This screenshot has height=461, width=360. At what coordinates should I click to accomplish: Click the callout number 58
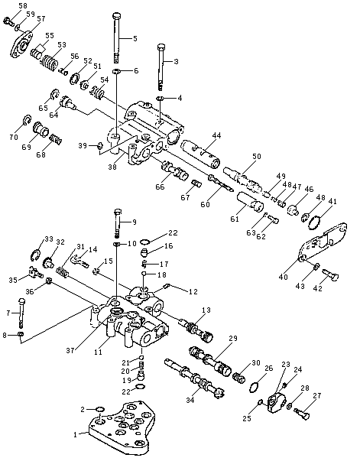click(x=23, y=5)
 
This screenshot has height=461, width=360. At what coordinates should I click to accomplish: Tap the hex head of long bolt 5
click(x=117, y=15)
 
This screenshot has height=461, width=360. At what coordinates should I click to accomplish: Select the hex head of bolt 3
click(x=161, y=47)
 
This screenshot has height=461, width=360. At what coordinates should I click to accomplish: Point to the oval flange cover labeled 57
click(x=21, y=45)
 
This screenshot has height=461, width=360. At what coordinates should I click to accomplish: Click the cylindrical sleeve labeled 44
click(x=201, y=153)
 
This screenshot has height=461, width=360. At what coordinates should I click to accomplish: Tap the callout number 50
click(x=257, y=156)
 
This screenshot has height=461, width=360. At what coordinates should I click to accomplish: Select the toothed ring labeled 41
click(x=314, y=223)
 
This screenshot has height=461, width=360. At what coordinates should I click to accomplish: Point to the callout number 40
click(x=283, y=277)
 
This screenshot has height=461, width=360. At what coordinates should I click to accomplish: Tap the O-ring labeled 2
click(x=100, y=409)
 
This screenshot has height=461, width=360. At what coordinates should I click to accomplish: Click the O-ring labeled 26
click(x=254, y=387)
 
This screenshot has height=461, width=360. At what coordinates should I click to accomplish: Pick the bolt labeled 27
click(x=302, y=414)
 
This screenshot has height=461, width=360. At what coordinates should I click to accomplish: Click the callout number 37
click(x=70, y=350)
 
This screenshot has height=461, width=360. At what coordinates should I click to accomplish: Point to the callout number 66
click(x=161, y=187)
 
